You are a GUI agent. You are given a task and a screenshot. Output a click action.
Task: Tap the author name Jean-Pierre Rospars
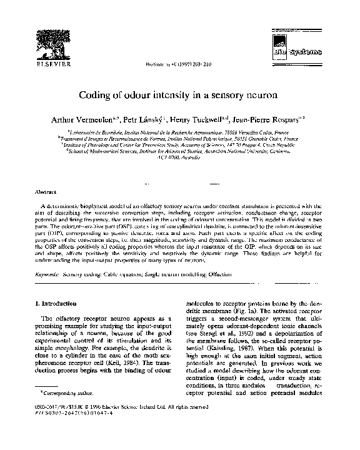[273, 119]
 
